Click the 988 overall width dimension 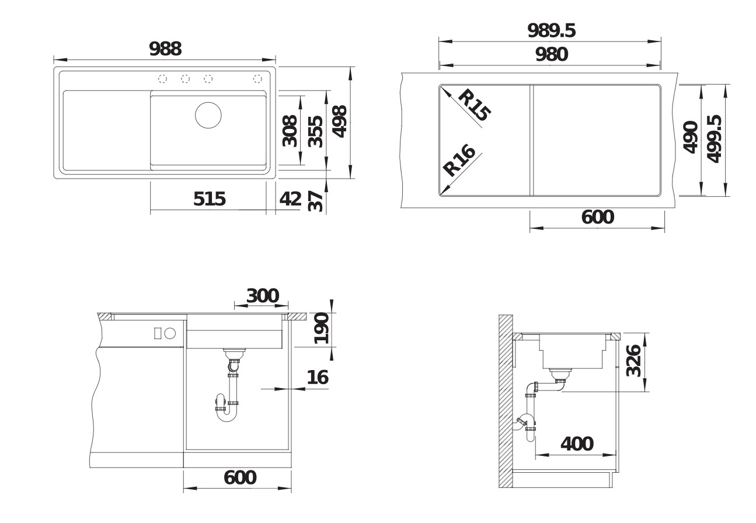(165, 49)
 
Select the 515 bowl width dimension (209, 200)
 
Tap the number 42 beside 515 (290, 199)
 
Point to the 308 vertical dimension (290, 131)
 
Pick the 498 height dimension (339, 121)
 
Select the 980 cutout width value (551, 54)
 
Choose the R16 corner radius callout (460, 160)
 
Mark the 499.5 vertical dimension (713, 139)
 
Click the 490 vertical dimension (691, 138)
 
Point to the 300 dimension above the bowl (262, 295)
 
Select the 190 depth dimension (320, 328)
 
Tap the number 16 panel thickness (317, 378)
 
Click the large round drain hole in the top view (208, 114)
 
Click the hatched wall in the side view (505, 403)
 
